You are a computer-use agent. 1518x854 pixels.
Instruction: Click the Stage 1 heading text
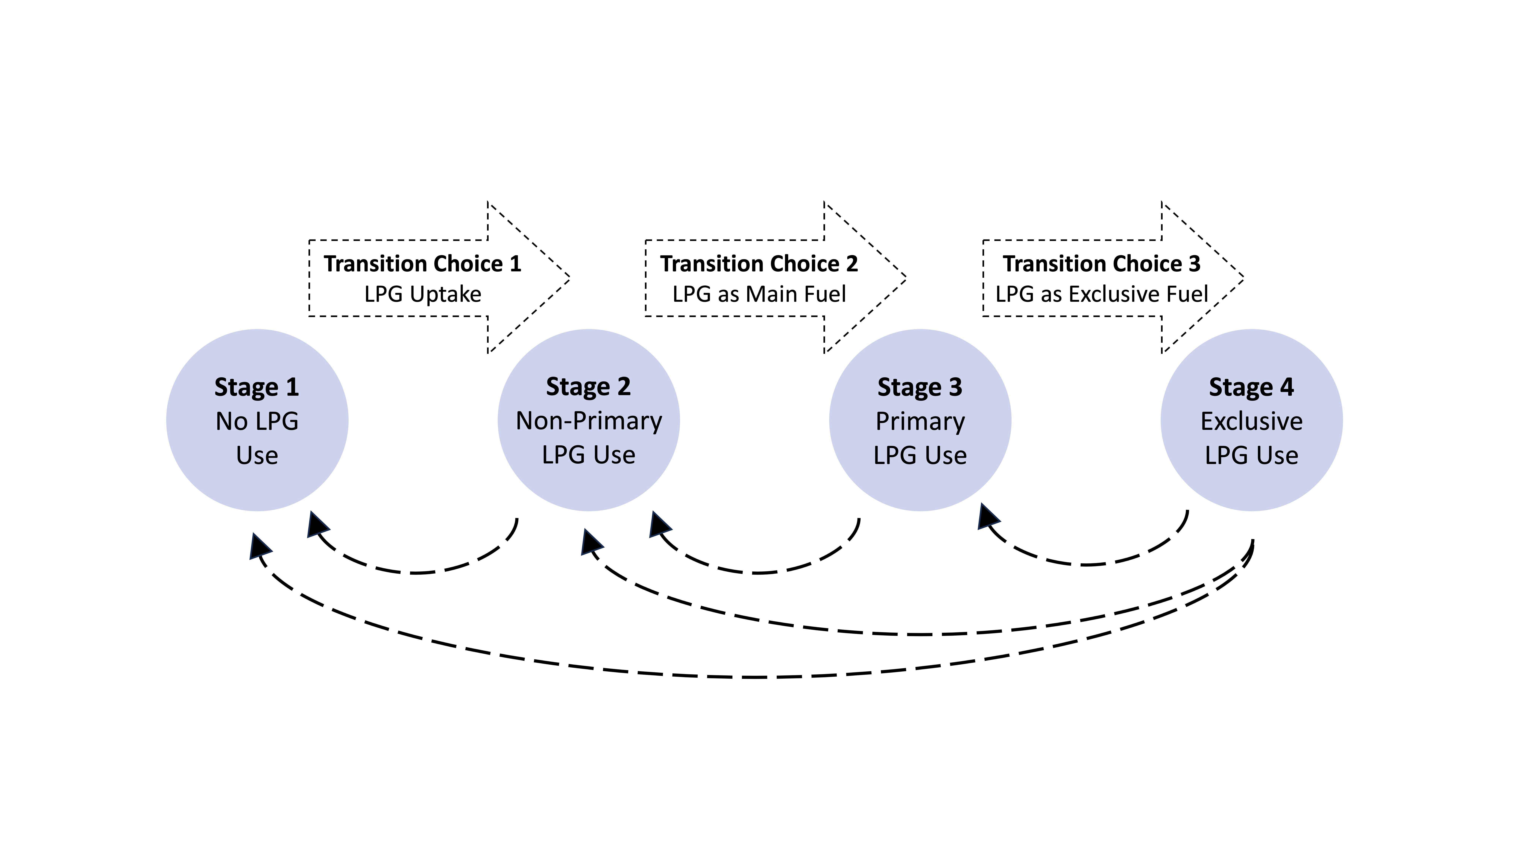[x=257, y=387]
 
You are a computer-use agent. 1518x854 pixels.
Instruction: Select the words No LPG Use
[x=257, y=438]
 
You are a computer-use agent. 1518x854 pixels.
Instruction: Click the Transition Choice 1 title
[x=423, y=263]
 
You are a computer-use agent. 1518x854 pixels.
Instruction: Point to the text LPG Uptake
[x=423, y=294]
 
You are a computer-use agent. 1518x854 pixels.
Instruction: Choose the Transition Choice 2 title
[x=759, y=263]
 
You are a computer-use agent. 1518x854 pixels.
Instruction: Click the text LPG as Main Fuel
[x=759, y=294]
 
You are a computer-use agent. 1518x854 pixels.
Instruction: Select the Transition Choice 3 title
[x=1101, y=263]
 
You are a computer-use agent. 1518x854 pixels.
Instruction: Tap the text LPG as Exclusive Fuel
[x=1101, y=294]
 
